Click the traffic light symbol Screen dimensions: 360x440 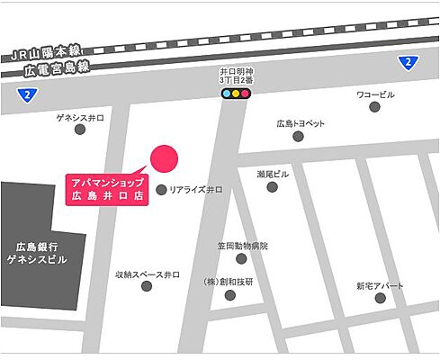click(x=236, y=93)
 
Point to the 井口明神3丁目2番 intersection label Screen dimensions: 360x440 click(x=236, y=74)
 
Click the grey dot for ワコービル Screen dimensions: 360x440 click(x=373, y=108)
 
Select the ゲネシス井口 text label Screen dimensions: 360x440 click(x=81, y=116)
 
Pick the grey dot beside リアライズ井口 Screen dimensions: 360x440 click(x=161, y=190)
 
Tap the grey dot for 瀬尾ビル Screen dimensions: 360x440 click(x=272, y=187)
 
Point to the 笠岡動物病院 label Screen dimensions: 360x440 click(x=241, y=245)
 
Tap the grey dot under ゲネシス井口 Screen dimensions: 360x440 click(x=80, y=130)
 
